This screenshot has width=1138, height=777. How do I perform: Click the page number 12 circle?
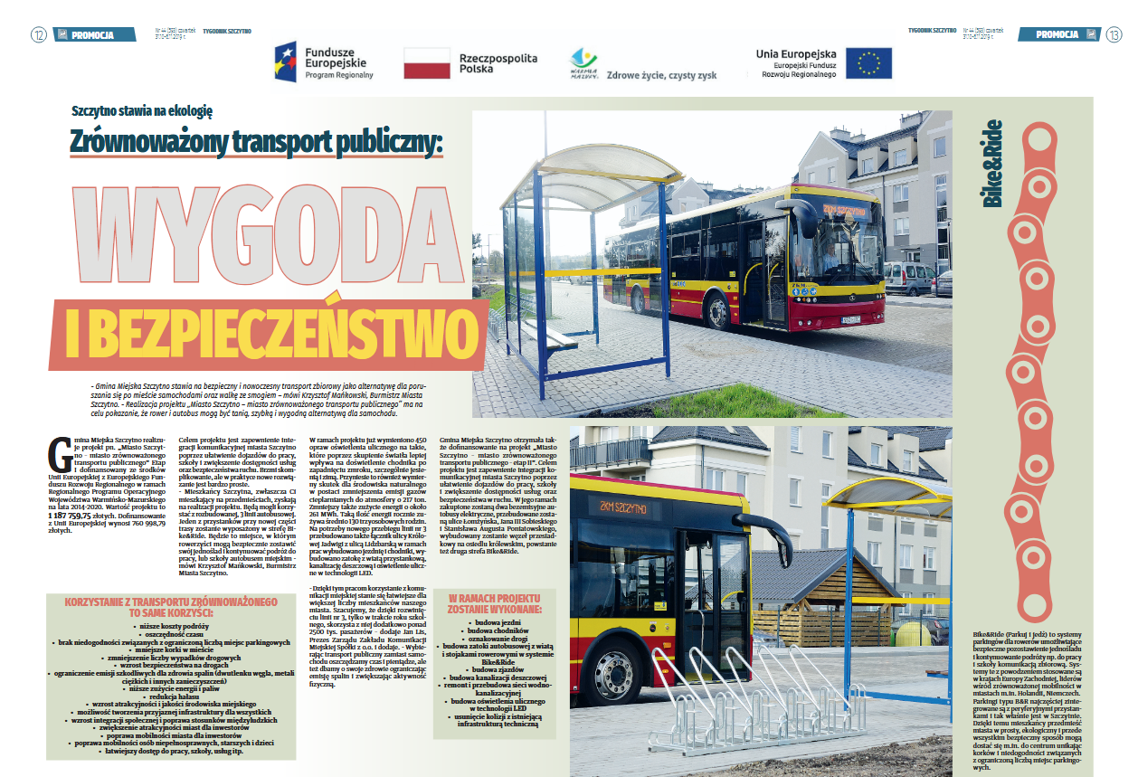coord(39,35)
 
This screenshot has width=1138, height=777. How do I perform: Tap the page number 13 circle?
coord(1113,35)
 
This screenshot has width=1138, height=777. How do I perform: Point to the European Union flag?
coord(869,62)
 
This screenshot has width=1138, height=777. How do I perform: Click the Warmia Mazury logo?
coord(583,62)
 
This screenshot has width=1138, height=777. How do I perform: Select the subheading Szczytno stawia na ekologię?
coord(141,111)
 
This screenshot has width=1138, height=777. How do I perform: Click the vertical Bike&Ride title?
coord(992,164)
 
